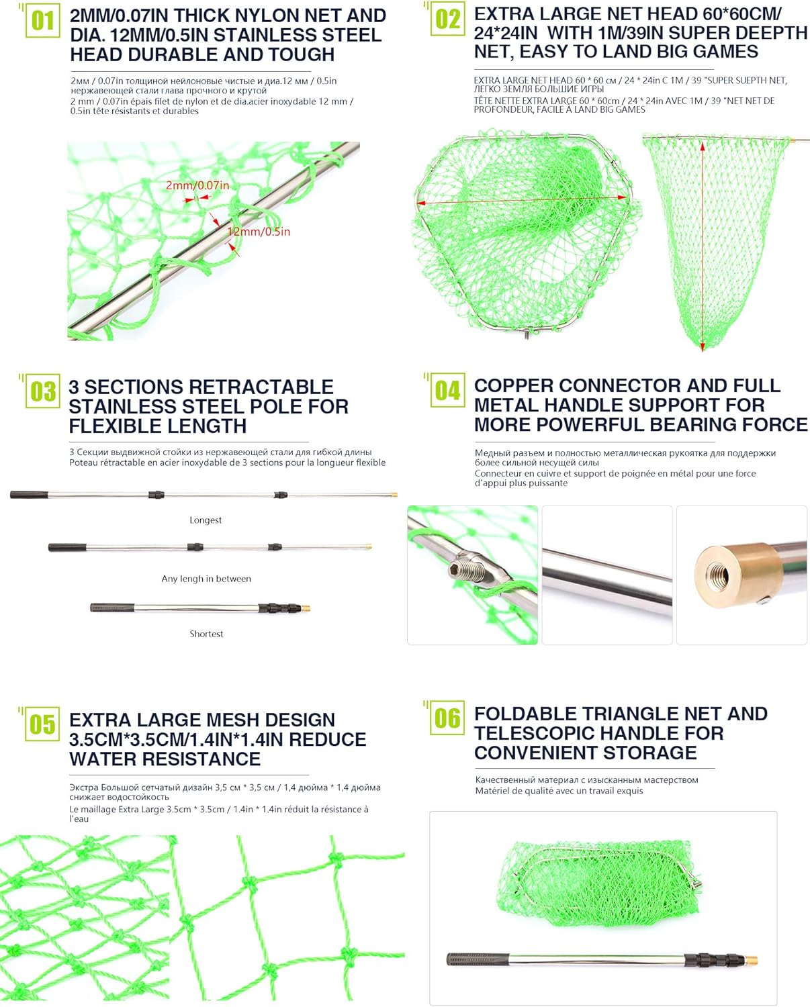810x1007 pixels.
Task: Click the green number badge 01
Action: tap(42, 21)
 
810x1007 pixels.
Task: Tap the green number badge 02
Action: tap(447, 19)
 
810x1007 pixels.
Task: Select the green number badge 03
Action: tap(43, 391)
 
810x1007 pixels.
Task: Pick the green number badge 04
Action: tap(447, 390)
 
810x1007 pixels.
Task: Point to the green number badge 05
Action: tap(42, 724)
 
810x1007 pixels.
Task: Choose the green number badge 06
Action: tap(447, 718)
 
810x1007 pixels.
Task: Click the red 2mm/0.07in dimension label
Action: tap(197, 185)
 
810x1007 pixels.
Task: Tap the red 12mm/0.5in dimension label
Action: tap(259, 232)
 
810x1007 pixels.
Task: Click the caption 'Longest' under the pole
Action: tap(206, 520)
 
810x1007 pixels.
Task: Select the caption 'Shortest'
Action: tap(206, 634)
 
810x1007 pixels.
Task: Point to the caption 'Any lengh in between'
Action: tap(206, 579)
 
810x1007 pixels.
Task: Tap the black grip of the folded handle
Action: tap(474, 959)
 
